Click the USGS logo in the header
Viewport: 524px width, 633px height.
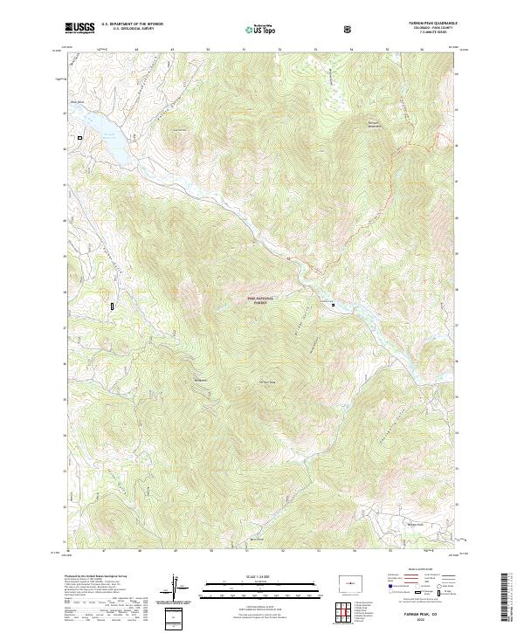[x=79, y=28]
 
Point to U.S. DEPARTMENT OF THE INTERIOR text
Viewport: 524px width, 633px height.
[x=132, y=24]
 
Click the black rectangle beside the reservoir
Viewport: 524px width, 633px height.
[x=79, y=137]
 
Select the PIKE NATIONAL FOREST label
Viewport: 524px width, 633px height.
[x=260, y=300]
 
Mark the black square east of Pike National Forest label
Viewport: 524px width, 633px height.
[x=333, y=305]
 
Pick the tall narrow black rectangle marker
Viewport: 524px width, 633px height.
[x=113, y=306]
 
